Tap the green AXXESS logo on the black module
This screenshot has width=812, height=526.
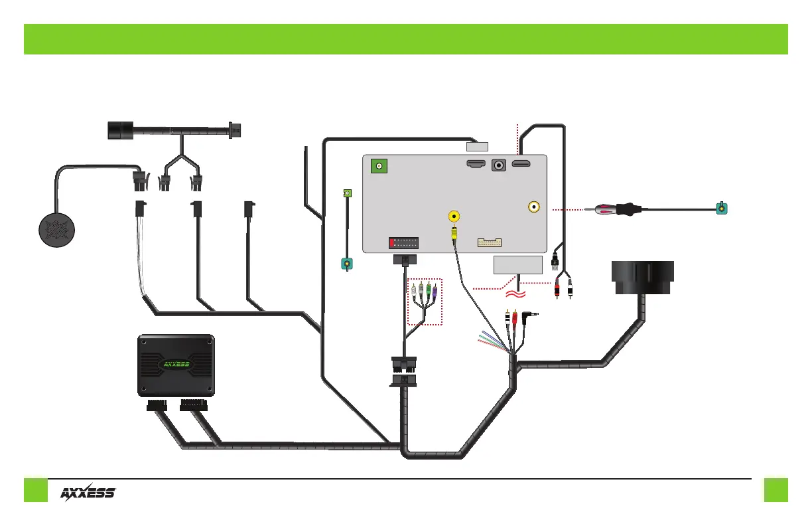click(x=176, y=364)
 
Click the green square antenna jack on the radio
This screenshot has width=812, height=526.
click(x=379, y=166)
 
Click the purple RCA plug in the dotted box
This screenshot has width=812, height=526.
click(x=433, y=290)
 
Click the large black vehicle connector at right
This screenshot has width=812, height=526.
click(x=642, y=276)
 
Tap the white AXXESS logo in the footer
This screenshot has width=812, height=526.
click(x=89, y=493)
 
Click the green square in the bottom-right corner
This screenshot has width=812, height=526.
click(x=775, y=490)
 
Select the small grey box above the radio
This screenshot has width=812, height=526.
click(x=477, y=147)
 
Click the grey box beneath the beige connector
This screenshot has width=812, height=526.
click(x=517, y=265)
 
